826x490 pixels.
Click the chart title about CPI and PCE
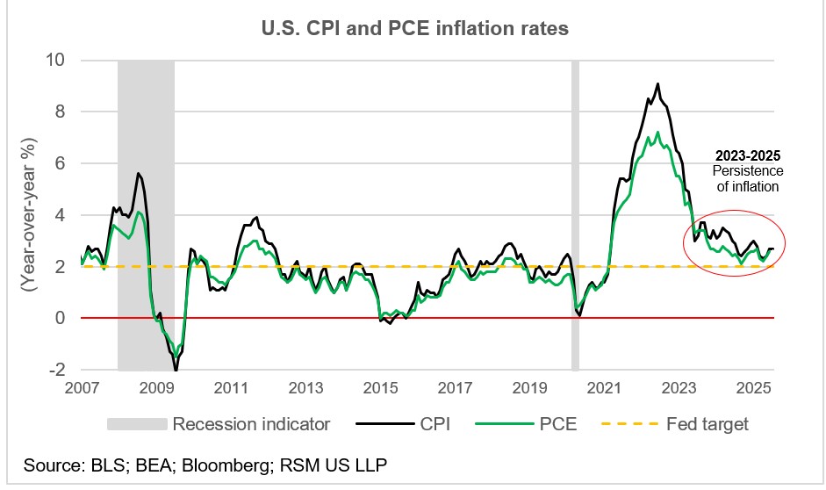point(414,28)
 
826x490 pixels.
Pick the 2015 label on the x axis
point(380,387)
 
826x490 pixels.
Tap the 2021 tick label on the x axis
point(605,387)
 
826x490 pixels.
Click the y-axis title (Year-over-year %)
point(28,214)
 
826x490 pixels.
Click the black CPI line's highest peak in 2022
point(657,84)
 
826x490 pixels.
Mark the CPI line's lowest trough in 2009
point(176,370)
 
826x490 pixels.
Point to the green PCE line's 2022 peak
point(657,133)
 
